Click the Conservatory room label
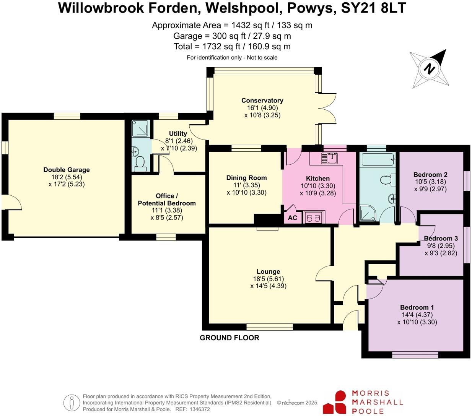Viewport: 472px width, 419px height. coord(262,101)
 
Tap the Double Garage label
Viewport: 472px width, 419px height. coord(67,170)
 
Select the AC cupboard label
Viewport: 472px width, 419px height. coord(292,218)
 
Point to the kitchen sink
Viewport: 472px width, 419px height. coord(329,158)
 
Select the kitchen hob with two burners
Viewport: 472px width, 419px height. coord(313,218)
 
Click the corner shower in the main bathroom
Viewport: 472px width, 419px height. coord(368,213)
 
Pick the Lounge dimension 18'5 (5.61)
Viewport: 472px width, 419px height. coord(269,279)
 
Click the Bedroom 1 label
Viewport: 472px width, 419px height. coord(417,307)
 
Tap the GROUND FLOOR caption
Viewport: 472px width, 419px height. coord(229,338)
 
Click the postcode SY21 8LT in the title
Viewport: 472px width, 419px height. coord(373,8)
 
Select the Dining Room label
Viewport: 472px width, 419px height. coord(246,178)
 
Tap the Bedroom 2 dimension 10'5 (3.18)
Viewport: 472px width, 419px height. coord(430,182)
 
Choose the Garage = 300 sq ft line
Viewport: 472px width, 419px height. coord(232,36)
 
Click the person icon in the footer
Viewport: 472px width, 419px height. coord(72,403)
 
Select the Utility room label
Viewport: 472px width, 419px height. coord(178,133)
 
